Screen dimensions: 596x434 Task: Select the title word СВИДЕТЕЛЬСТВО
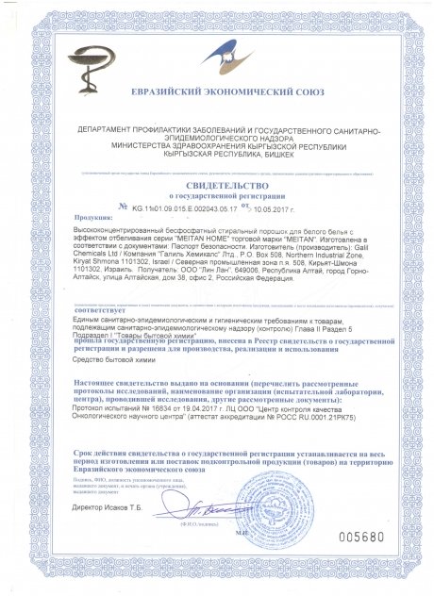click(218, 187)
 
